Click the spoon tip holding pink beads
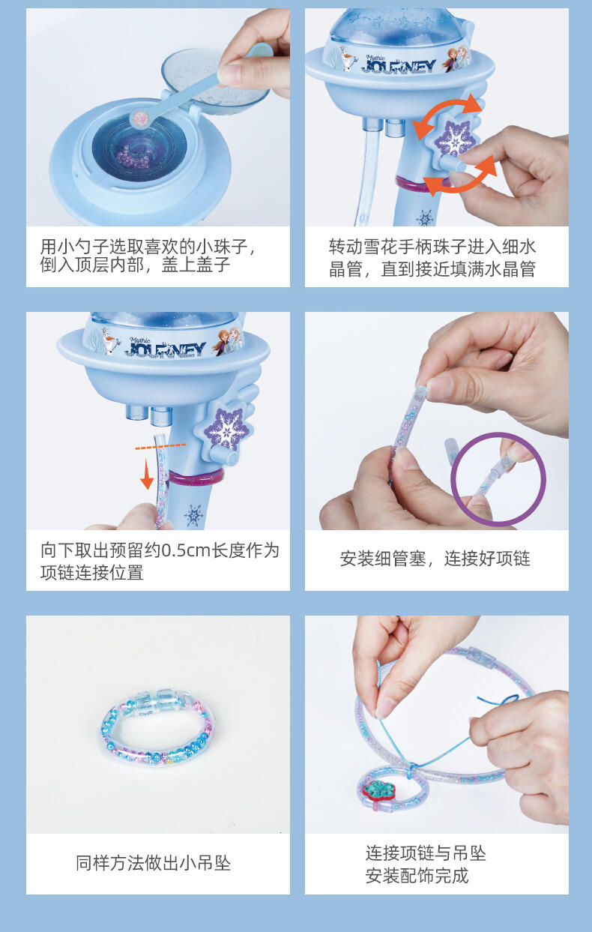click(x=139, y=120)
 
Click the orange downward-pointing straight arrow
click(x=146, y=475)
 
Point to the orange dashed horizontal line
click(x=160, y=446)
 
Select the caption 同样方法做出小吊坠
click(x=153, y=863)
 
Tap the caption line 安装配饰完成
click(x=417, y=876)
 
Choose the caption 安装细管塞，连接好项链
click(x=435, y=559)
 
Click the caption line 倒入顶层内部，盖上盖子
click(x=135, y=265)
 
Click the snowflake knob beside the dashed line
click(x=227, y=430)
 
